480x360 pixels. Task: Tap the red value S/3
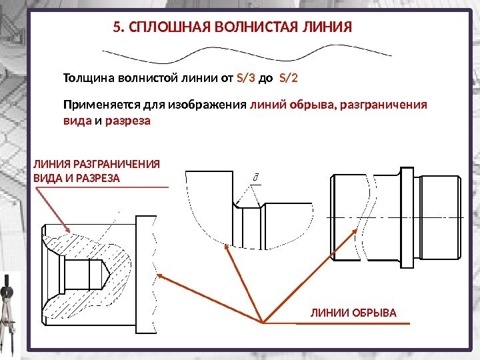[246, 78]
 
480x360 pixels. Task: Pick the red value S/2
[288, 78]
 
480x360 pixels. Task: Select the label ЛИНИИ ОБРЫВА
[353, 313]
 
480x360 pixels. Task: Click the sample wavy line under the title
[246, 51]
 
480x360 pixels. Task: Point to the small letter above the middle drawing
[255, 177]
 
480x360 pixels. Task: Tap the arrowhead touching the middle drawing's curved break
[227, 247]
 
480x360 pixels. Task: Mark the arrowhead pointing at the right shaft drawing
[361, 231]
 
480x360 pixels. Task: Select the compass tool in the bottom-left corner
[8, 313]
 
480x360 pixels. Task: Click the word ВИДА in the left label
[45, 179]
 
